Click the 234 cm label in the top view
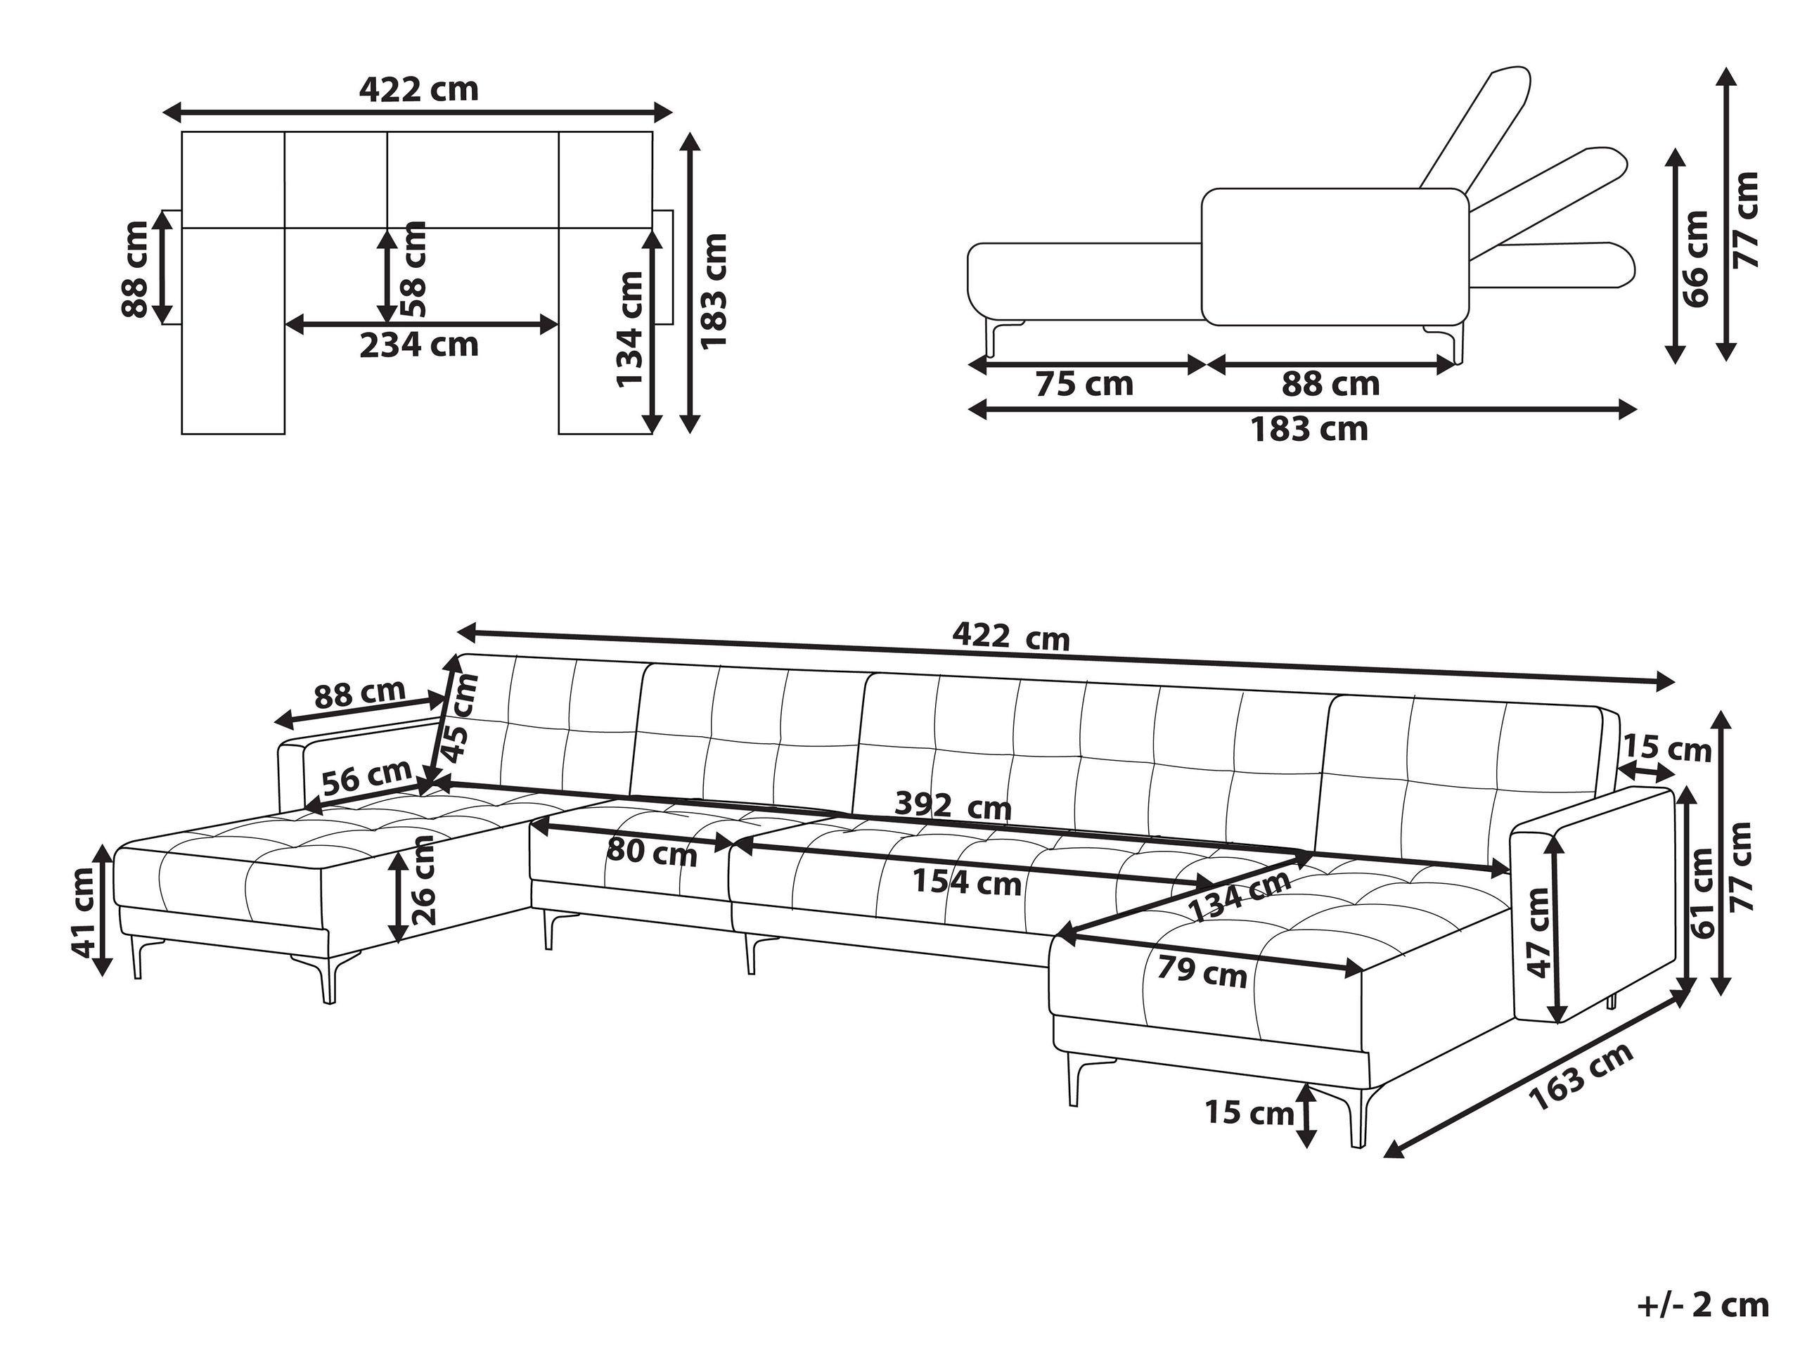pyautogui.click(x=419, y=346)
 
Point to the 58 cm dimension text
pyautogui.click(x=414, y=269)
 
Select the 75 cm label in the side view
pyautogui.click(x=1084, y=383)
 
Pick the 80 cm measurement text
pyautogui.click(x=652, y=854)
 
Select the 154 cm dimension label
pyautogui.click(x=967, y=882)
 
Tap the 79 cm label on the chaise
pyautogui.click(x=1202, y=972)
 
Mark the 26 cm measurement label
pyautogui.click(x=424, y=881)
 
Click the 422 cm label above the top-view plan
pyautogui.click(x=419, y=89)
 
